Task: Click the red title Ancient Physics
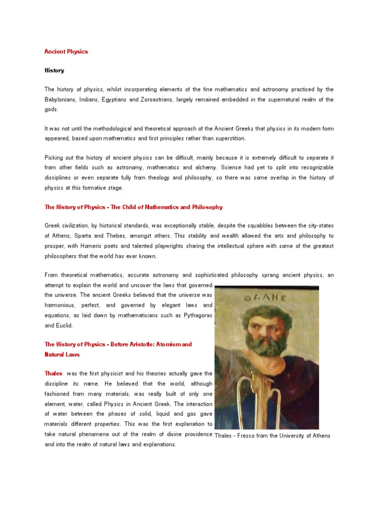tap(66, 51)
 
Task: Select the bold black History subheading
tap(54, 71)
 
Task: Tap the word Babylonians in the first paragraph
tap(62, 99)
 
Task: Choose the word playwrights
tap(185, 246)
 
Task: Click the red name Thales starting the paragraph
tap(53, 373)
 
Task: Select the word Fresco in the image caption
tap(249, 435)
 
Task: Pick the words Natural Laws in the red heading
tap(62, 354)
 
